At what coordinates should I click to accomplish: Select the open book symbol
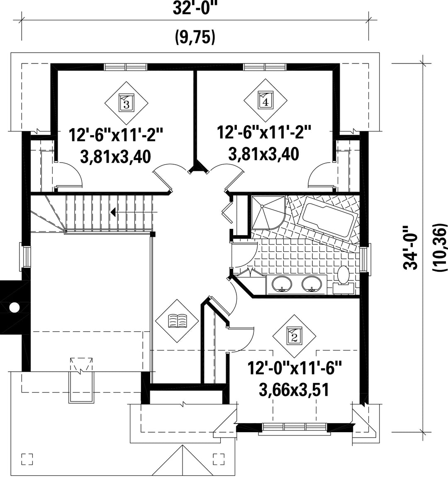click(177, 321)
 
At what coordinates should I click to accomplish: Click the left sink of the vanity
click(282, 284)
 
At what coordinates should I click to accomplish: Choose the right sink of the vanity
click(312, 284)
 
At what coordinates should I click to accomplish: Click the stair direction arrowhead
click(113, 212)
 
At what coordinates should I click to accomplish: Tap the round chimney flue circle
click(14, 307)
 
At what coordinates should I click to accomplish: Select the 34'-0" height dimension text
click(411, 247)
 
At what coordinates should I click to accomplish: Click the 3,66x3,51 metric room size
click(294, 390)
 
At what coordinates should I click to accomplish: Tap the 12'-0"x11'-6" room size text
click(295, 368)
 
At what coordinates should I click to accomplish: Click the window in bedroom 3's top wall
click(125, 67)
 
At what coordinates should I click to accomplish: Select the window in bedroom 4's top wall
click(265, 67)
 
